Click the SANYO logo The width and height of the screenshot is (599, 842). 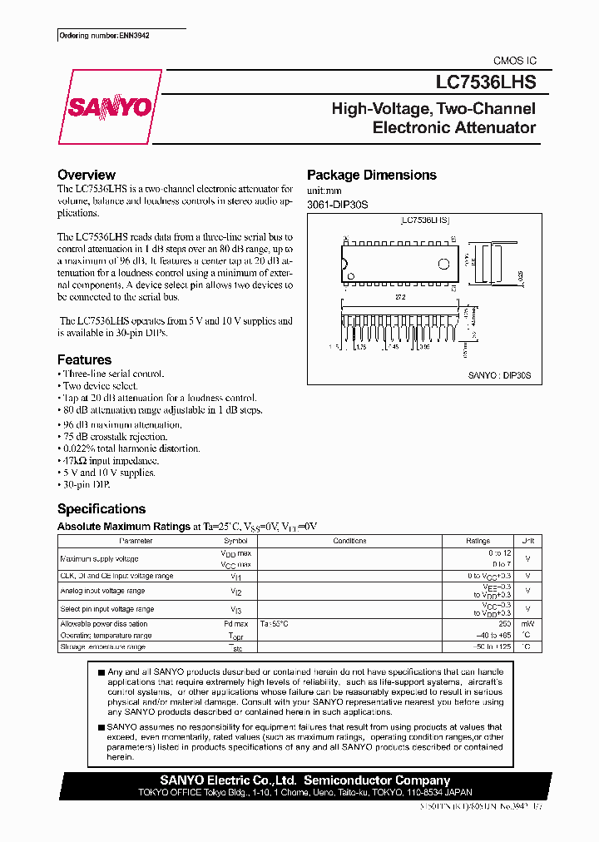pos(108,106)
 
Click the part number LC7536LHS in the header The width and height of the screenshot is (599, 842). pos(487,82)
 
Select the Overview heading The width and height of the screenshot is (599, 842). pos(87,175)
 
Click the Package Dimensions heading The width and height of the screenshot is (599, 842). pos(372,175)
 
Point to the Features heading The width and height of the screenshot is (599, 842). pos(84,359)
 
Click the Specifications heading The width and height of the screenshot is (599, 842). pos(101,508)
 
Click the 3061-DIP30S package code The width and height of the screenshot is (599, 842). pos(338,205)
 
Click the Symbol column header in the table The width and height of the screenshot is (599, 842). pos(235,541)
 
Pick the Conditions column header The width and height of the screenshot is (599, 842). pos(349,541)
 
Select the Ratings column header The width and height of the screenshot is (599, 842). pos(478,541)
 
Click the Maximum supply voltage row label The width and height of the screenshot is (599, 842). pos(100,558)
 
